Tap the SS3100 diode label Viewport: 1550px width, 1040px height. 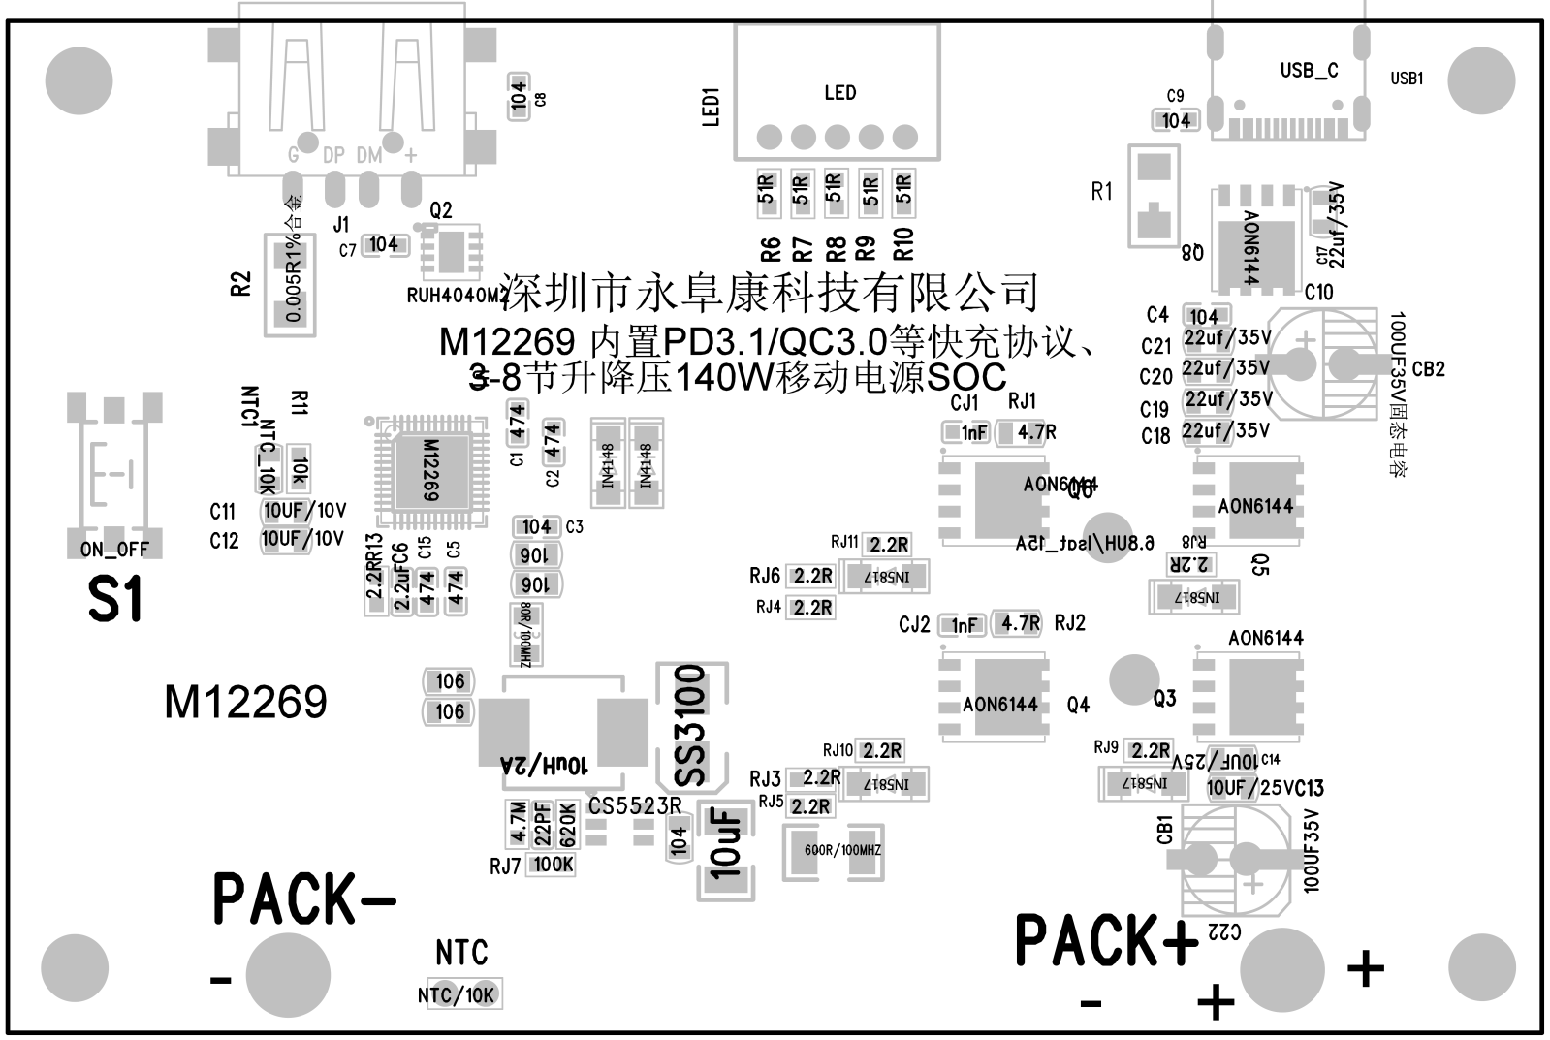pyautogui.click(x=690, y=725)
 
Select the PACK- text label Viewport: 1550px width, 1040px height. pyautogui.click(x=303, y=898)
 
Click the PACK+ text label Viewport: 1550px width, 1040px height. pyautogui.click(x=1105, y=940)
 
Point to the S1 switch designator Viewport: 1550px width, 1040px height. pyautogui.click(x=115, y=599)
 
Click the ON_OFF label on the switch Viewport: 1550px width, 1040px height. pyautogui.click(x=114, y=550)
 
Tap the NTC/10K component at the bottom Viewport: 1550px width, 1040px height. pyautogui.click(x=456, y=995)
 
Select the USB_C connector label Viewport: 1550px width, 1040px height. pyautogui.click(x=1309, y=71)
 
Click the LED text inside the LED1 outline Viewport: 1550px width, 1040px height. pyautogui.click(x=839, y=93)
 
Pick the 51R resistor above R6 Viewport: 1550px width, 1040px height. pyautogui.click(x=767, y=192)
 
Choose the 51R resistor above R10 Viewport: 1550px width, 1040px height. pyautogui.click(x=903, y=192)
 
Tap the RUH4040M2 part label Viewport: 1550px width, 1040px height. pyautogui.click(x=456, y=296)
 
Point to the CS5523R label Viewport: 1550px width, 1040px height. pyautogui.click(x=635, y=805)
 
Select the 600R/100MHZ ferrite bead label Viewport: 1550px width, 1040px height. pyautogui.click(x=842, y=850)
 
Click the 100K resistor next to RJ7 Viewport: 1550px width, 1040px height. pyautogui.click(x=554, y=864)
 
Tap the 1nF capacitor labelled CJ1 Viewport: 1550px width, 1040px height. pyautogui.click(x=973, y=433)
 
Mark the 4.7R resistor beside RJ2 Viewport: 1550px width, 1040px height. pyautogui.click(x=1020, y=623)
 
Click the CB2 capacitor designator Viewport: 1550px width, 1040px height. pyautogui.click(x=1429, y=369)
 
